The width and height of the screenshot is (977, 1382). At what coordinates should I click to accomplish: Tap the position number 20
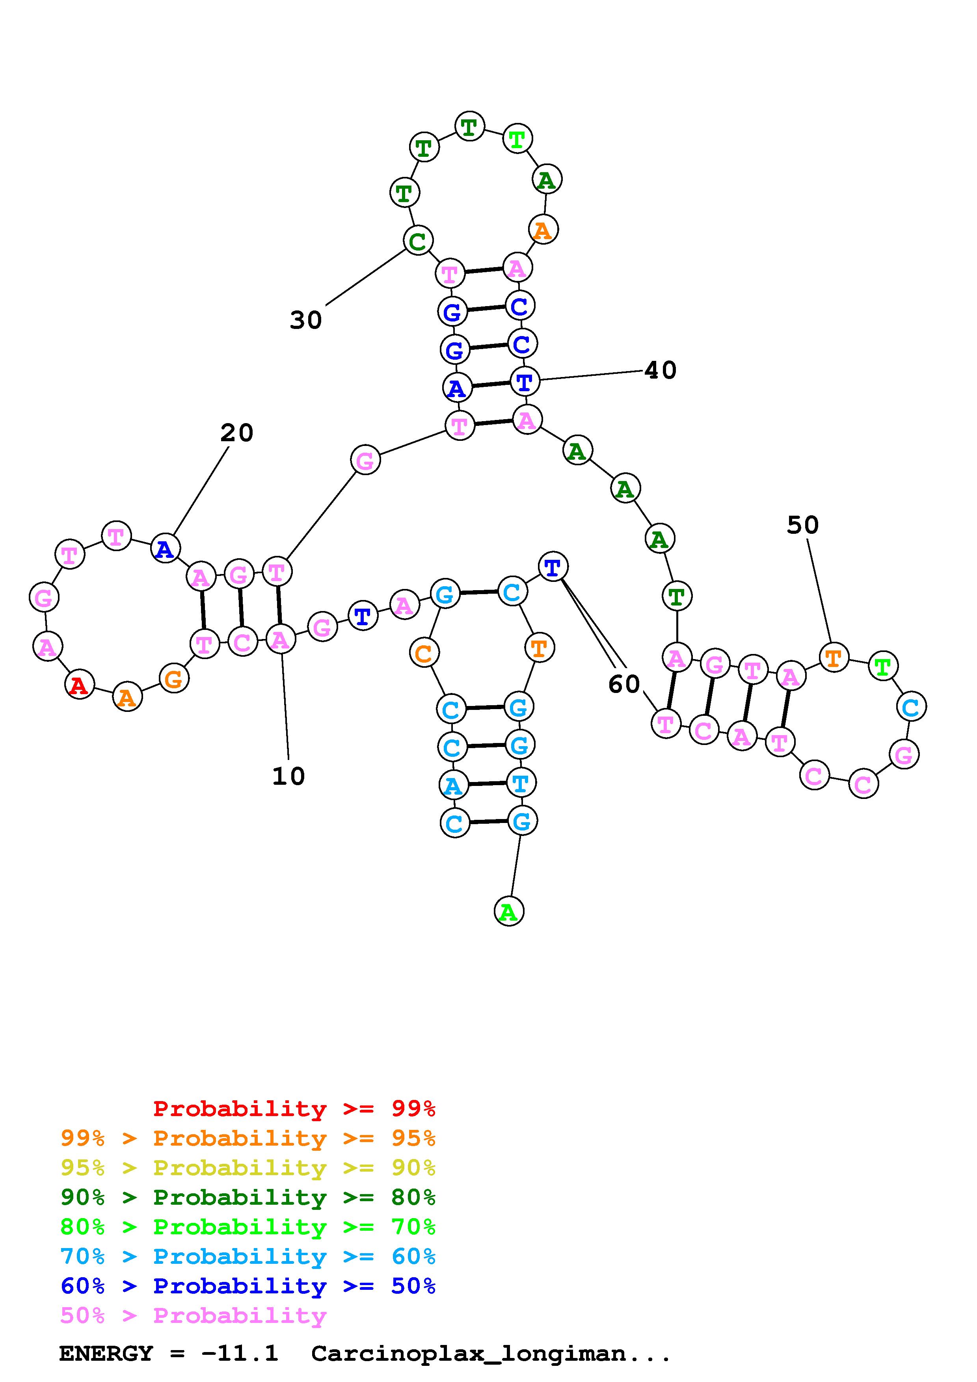point(236,433)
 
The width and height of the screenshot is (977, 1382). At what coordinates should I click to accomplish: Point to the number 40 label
point(661,370)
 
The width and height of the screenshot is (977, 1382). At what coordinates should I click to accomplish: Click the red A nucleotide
point(79,685)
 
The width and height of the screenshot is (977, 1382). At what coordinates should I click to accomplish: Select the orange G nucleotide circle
point(174,679)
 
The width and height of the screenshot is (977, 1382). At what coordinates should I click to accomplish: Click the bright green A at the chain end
point(509,912)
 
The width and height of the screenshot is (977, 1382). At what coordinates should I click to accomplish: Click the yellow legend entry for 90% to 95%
point(248,1168)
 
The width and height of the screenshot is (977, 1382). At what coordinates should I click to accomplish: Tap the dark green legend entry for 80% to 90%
point(248,1197)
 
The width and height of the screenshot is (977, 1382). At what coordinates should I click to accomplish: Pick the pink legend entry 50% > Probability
point(193,1316)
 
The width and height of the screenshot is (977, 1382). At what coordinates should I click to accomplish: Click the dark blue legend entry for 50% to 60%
point(248,1286)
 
